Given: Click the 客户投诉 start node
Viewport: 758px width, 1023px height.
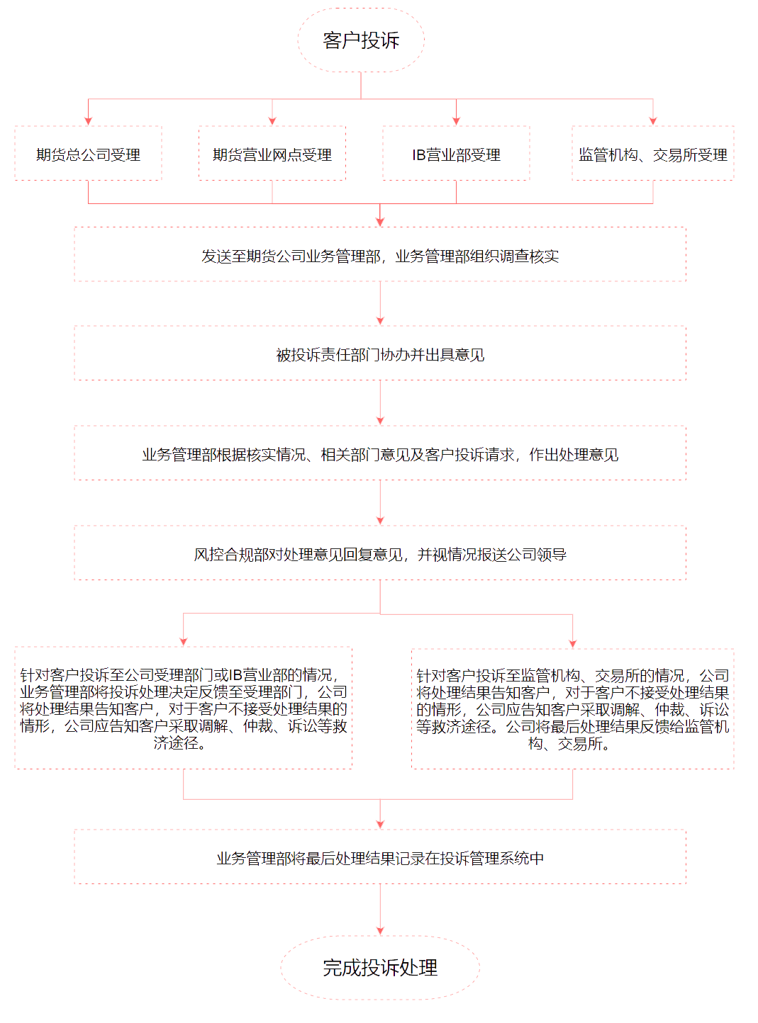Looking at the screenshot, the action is click(360, 40).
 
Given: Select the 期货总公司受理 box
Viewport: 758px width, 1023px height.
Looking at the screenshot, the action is click(88, 153).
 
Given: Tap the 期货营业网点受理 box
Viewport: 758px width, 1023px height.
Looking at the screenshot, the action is click(272, 153).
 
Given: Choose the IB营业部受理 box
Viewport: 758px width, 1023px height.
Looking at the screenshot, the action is click(456, 153).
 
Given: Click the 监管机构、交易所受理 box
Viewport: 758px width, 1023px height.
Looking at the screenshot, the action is click(653, 153).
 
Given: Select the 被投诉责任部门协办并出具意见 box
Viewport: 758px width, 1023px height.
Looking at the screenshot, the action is click(380, 354).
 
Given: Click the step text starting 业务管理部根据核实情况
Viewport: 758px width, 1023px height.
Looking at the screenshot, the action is click(380, 455).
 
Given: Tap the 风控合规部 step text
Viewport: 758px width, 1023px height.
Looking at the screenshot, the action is click(380, 555).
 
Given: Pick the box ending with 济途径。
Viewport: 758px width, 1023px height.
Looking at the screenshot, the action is click(183, 708).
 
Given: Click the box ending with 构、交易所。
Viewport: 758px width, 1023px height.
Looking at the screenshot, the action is click(572, 709).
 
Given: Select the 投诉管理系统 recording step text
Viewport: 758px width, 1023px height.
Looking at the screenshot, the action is click(380, 859).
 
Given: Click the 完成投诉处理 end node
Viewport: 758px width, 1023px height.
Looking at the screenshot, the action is click(380, 968).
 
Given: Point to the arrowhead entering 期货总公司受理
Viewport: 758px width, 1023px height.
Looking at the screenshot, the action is click(88, 121).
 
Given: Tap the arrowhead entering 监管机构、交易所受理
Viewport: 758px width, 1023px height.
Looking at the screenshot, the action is click(653, 121).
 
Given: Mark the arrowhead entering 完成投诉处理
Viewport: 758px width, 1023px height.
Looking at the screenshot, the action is click(380, 931).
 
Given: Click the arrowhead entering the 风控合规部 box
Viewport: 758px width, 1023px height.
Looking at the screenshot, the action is click(380, 521).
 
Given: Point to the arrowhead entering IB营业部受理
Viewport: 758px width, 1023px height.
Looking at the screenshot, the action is click(456, 121).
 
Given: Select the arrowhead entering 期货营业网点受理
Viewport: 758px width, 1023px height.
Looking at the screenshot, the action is click(272, 121).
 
